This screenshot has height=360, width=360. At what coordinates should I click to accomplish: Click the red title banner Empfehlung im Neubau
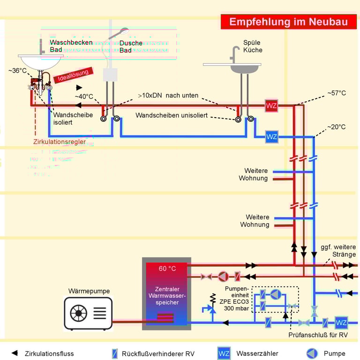(x=288, y=22)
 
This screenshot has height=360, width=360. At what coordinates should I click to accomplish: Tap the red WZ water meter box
(x=271, y=105)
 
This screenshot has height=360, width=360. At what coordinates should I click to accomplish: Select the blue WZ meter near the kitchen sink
(x=271, y=137)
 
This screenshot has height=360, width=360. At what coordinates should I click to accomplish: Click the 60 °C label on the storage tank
(x=167, y=269)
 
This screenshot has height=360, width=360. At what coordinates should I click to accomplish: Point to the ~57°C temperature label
(x=336, y=93)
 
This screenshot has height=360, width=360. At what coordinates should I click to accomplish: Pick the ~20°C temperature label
(x=336, y=127)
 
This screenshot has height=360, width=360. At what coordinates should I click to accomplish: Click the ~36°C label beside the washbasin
(x=17, y=70)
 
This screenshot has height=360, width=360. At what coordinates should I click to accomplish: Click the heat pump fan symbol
(x=79, y=313)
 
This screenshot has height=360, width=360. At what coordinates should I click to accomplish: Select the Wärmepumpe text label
(x=89, y=291)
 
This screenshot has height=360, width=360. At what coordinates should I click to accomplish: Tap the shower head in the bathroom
(x=120, y=33)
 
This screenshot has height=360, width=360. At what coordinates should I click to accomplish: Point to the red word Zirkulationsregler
(x=60, y=142)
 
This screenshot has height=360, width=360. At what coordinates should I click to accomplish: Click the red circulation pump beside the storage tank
(x=222, y=277)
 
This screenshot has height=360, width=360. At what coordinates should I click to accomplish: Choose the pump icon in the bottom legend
(x=312, y=353)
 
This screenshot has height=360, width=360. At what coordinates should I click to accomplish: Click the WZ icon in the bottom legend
(x=224, y=353)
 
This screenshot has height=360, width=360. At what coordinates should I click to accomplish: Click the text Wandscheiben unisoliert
(x=172, y=115)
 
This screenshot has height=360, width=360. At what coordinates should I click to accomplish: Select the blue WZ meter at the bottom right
(x=341, y=322)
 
